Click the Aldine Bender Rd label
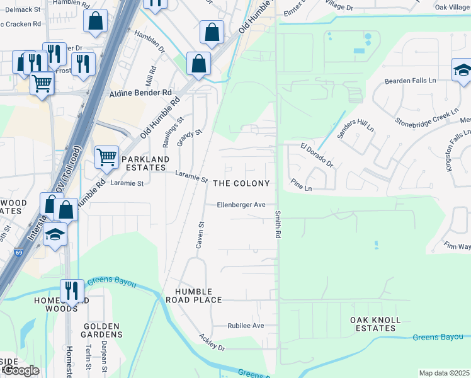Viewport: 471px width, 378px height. [140, 93]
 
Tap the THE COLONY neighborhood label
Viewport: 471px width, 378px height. [241, 183]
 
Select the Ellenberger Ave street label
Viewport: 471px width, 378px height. [241, 205]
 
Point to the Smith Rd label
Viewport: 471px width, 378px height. [277, 224]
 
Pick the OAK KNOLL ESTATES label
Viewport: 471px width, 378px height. [375, 324]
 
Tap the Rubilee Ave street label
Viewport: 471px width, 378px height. [246, 326]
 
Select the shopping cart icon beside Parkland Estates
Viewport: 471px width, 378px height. [106, 157]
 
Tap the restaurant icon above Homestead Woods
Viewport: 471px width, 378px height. [72, 290]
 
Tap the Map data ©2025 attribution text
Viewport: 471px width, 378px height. [444, 373]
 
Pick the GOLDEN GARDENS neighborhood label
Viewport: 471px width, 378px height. [102, 330]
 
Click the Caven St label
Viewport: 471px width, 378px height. [201, 234]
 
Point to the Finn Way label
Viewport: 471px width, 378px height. [456, 245]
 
